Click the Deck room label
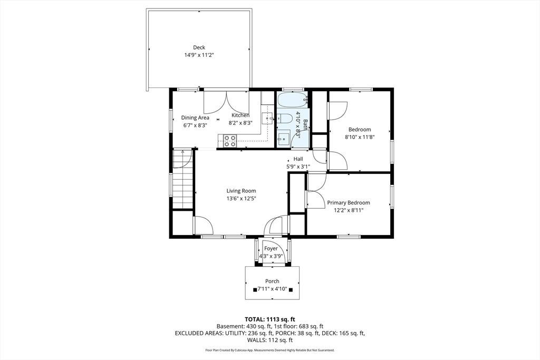click(199, 47)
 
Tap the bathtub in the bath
click(292, 100)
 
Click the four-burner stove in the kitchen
click(230, 141)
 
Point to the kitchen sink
click(267, 119)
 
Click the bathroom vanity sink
click(284, 139)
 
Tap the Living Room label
click(241, 191)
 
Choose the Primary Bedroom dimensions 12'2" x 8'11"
click(349, 210)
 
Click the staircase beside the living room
click(182, 179)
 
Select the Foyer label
click(271, 248)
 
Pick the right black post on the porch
click(291, 290)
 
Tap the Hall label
click(298, 159)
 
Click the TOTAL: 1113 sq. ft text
click(270, 319)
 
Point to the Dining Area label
click(195, 118)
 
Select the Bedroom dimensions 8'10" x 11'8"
click(360, 137)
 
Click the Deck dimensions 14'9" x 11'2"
click(199, 55)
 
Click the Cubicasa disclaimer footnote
click(270, 350)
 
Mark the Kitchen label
click(240, 115)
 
